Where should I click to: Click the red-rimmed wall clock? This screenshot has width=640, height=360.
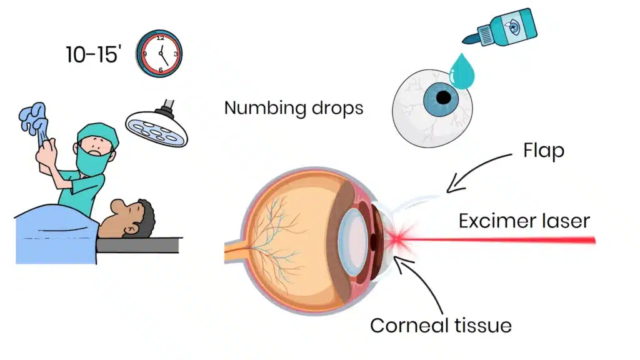[160, 54]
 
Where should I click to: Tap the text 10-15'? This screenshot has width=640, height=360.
[92, 54]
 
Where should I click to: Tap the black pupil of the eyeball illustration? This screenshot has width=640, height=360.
[443, 98]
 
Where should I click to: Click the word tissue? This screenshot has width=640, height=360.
[482, 325]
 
